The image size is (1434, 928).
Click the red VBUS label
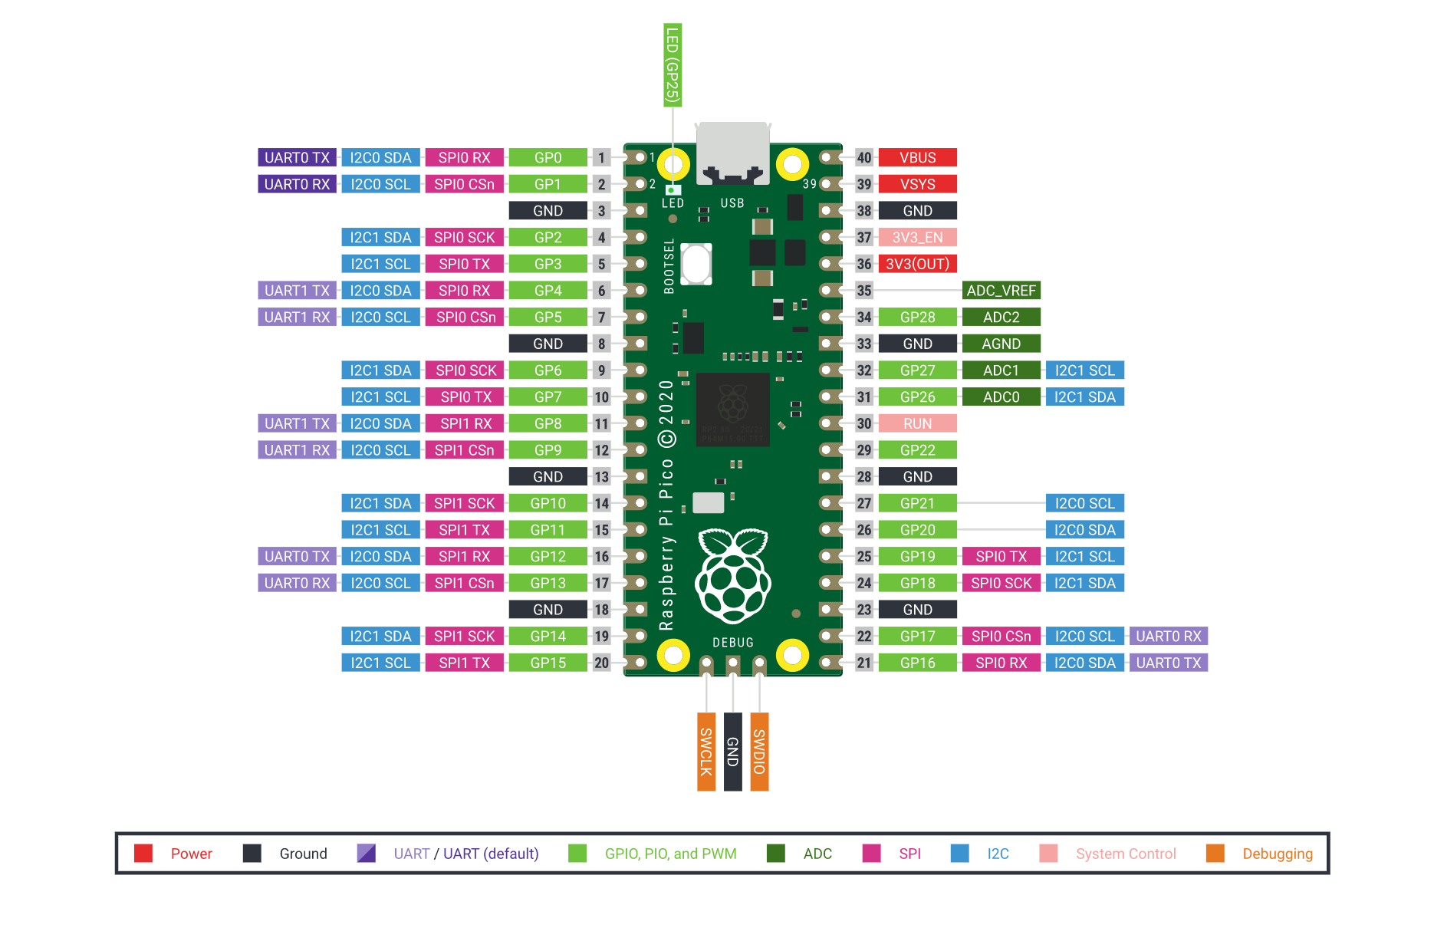(917, 157)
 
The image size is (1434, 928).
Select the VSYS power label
(917, 184)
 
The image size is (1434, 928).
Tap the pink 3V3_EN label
(917, 237)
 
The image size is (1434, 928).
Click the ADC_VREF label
(1001, 291)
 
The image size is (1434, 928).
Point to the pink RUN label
(917, 423)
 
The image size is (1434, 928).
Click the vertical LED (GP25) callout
(672, 64)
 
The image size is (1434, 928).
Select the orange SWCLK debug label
(705, 752)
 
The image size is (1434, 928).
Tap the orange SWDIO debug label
(759, 752)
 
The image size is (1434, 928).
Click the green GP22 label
(917, 450)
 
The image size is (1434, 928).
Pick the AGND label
(1001, 344)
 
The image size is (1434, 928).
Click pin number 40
(864, 157)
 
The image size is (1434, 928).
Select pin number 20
(601, 663)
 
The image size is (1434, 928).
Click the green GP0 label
(548, 157)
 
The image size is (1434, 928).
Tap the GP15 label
(548, 663)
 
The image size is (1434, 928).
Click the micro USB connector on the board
(732, 153)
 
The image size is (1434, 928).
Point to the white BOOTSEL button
(696, 263)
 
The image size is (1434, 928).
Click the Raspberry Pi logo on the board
(733, 575)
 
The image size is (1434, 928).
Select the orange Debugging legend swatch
(1215, 854)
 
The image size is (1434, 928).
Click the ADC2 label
(1001, 317)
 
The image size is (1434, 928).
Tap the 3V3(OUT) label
(917, 264)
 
